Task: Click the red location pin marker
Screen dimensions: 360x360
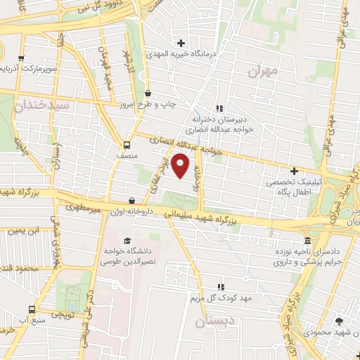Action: (181, 167)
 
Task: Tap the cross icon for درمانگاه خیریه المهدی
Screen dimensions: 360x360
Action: (182, 43)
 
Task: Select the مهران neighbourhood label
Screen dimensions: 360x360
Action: (258, 71)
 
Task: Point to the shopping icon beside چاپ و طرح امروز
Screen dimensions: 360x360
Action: (148, 93)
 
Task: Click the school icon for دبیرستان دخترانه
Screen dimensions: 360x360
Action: (219, 108)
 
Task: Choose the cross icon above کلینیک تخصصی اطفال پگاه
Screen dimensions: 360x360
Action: (294, 171)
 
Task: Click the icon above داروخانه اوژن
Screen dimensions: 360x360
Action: (132, 200)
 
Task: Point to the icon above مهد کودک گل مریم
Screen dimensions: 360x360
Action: (221, 287)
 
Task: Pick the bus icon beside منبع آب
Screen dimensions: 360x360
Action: (31, 309)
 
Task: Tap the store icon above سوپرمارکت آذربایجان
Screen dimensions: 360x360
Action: (21, 58)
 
